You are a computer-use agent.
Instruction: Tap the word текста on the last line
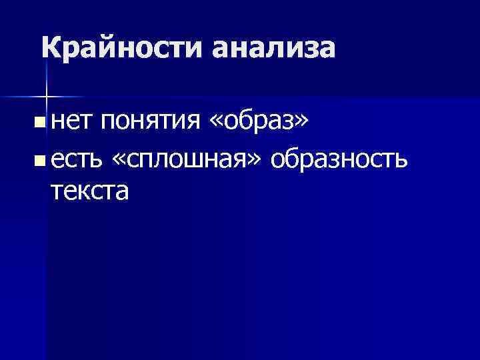point(89,191)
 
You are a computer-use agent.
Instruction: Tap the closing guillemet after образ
point(303,123)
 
